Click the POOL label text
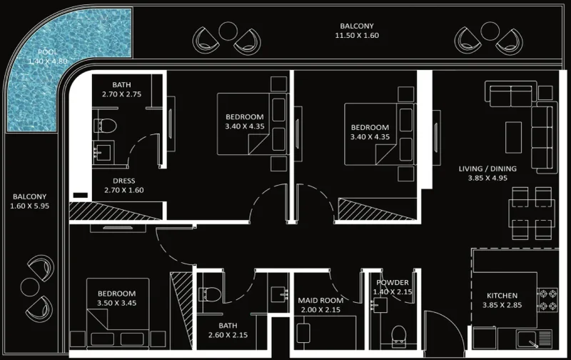(48, 52)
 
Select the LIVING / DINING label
(487, 169)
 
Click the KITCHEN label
(502, 296)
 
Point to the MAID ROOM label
(318, 301)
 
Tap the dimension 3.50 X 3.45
(116, 303)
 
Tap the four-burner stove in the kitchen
(547, 301)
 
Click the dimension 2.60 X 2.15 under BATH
(228, 335)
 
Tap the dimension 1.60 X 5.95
(29, 206)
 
